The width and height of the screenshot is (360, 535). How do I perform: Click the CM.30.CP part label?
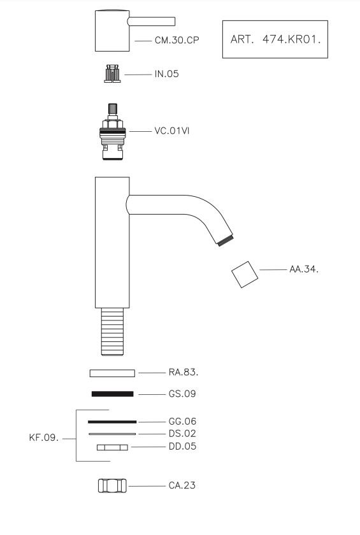(x=176, y=40)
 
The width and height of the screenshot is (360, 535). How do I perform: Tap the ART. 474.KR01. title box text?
(x=275, y=39)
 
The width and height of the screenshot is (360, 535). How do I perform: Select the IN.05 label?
(x=166, y=74)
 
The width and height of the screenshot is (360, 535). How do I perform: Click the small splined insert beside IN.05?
(x=112, y=73)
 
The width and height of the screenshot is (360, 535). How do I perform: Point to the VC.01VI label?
(x=171, y=131)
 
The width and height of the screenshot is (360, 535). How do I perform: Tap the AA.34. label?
(x=304, y=269)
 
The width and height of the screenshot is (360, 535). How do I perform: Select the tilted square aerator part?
(x=245, y=275)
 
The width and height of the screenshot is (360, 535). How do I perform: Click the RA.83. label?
(x=184, y=372)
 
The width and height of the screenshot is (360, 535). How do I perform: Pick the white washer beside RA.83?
(x=112, y=373)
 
